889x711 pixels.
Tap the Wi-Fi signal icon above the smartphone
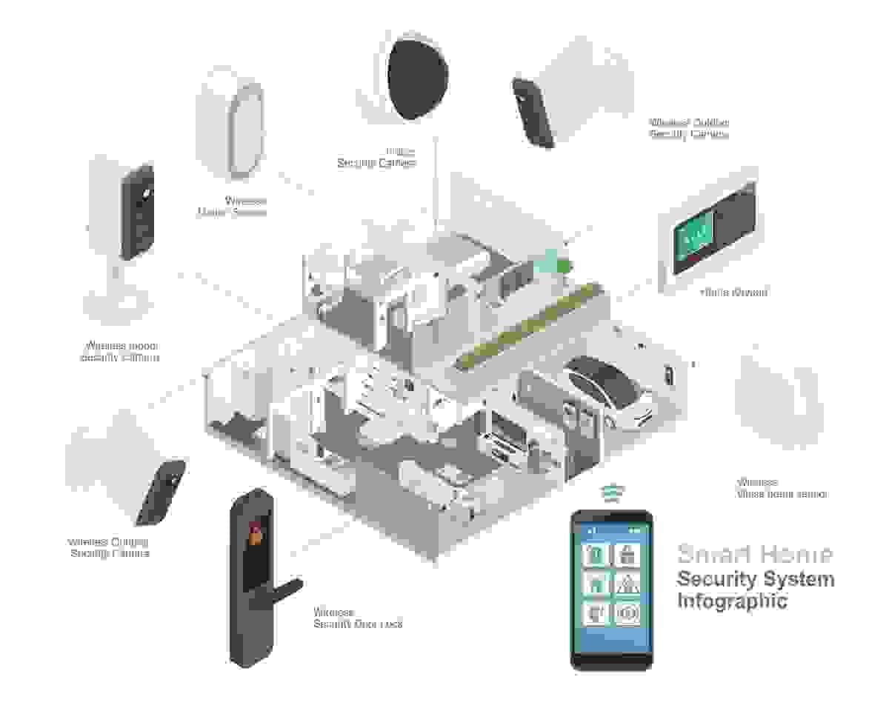(611, 493)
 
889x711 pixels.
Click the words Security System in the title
(756, 578)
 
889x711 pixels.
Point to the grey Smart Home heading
(754, 554)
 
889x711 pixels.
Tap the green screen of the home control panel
(691, 237)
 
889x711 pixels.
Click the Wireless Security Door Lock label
(358, 618)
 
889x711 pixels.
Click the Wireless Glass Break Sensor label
(781, 487)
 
